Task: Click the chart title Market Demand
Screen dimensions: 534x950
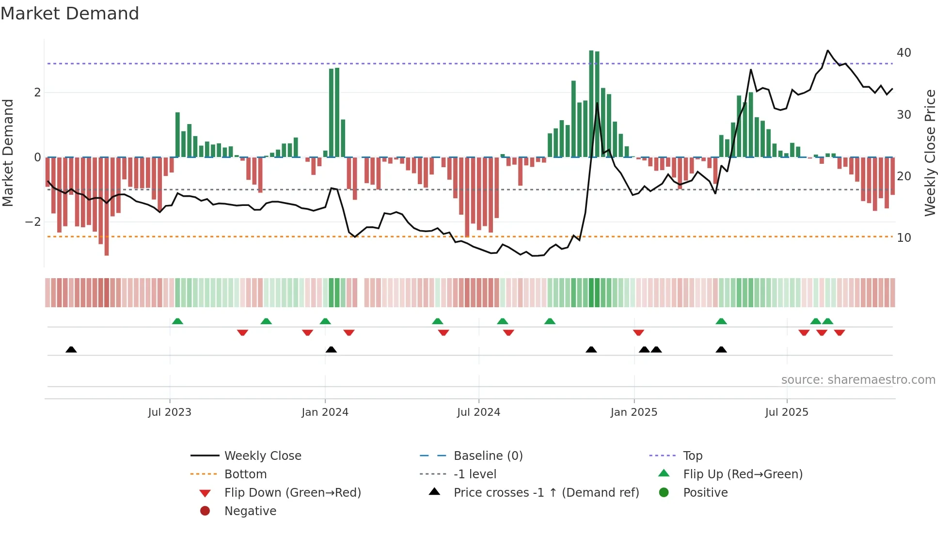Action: point(70,14)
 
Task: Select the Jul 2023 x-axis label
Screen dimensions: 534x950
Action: point(170,412)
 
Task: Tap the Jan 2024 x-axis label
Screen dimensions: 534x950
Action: point(325,412)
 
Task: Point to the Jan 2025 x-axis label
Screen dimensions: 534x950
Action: point(634,412)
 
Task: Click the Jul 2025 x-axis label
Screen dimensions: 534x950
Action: point(787,412)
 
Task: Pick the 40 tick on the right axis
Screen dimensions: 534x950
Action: point(903,53)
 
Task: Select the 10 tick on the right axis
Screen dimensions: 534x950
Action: point(903,238)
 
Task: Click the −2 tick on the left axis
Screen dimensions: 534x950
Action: point(33,222)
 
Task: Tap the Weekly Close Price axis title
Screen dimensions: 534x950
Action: point(930,153)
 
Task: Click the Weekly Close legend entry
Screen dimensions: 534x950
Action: point(262,456)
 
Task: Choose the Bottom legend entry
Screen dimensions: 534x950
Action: point(245,474)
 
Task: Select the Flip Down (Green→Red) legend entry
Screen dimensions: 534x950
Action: point(292,493)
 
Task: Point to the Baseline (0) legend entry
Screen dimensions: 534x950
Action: point(488,456)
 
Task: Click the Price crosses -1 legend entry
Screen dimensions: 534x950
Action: point(546,493)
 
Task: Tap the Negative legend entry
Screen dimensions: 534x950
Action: point(250,511)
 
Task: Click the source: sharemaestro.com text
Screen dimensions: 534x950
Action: point(858,380)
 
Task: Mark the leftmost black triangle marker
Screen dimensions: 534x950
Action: point(71,349)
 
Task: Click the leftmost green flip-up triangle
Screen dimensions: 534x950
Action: point(177,321)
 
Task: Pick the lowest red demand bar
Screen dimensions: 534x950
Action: point(107,206)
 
